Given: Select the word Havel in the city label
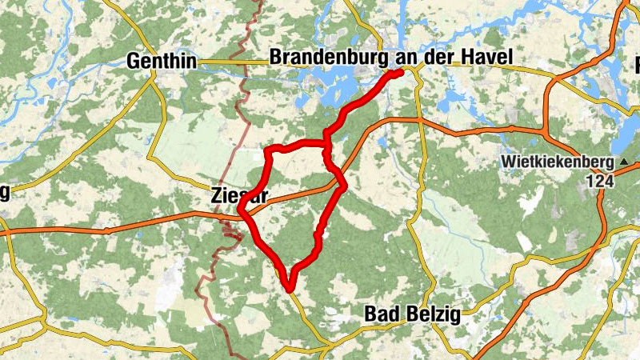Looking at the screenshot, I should [x=486, y=58].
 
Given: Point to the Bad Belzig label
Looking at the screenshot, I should [x=412, y=314].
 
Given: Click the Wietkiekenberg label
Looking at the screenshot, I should [x=557, y=162].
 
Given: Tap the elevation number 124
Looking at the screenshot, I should [x=602, y=182].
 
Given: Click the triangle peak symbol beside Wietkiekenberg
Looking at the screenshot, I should [x=622, y=162].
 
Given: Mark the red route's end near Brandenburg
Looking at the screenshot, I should [x=398, y=72].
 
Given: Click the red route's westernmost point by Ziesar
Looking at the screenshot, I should [x=240, y=211].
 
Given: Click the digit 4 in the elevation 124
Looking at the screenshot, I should [x=611, y=182].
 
